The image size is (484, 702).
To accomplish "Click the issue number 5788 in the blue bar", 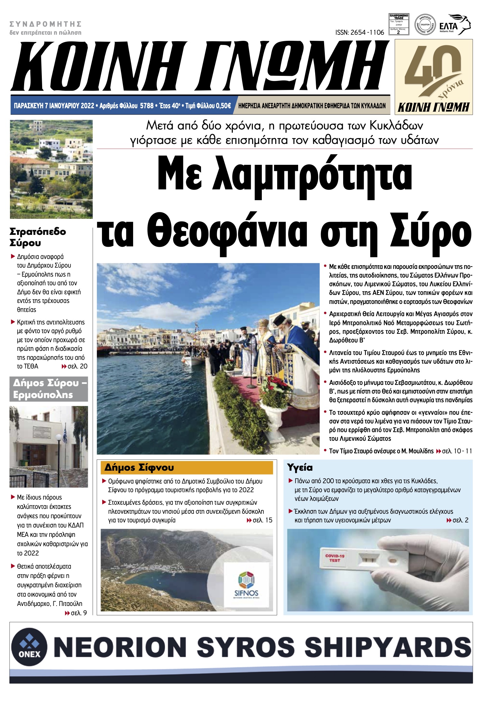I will click(147, 106).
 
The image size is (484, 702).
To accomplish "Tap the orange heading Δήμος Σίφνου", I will click(139, 467).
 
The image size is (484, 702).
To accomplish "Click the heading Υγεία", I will click(300, 467).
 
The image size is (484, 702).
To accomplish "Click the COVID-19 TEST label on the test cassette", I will click(335, 558).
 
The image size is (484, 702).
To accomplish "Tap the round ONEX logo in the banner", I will click(29, 646).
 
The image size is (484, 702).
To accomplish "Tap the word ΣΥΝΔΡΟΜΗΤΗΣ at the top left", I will click(46, 24).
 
